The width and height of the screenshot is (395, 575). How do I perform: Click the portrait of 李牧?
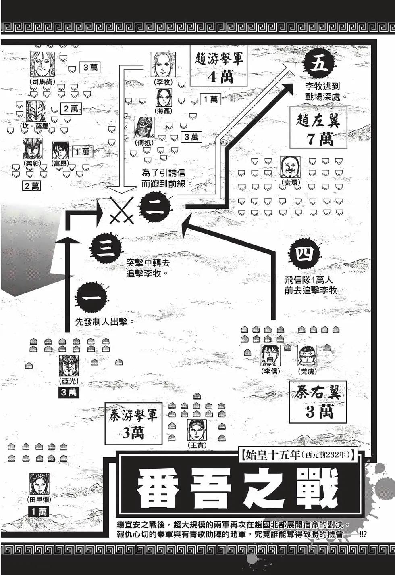(163, 64)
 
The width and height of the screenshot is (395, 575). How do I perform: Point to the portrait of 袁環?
(290, 167)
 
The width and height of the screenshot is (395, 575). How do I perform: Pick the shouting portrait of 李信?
(270, 355)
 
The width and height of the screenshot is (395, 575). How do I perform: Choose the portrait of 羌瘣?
(307, 355)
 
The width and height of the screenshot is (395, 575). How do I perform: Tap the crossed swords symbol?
(122, 209)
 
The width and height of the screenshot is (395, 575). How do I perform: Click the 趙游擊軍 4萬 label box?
(219, 67)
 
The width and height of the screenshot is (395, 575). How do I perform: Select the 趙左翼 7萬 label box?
(318, 128)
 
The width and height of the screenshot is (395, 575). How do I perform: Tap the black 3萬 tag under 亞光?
(69, 393)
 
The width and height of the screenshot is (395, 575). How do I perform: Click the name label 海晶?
(163, 111)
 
